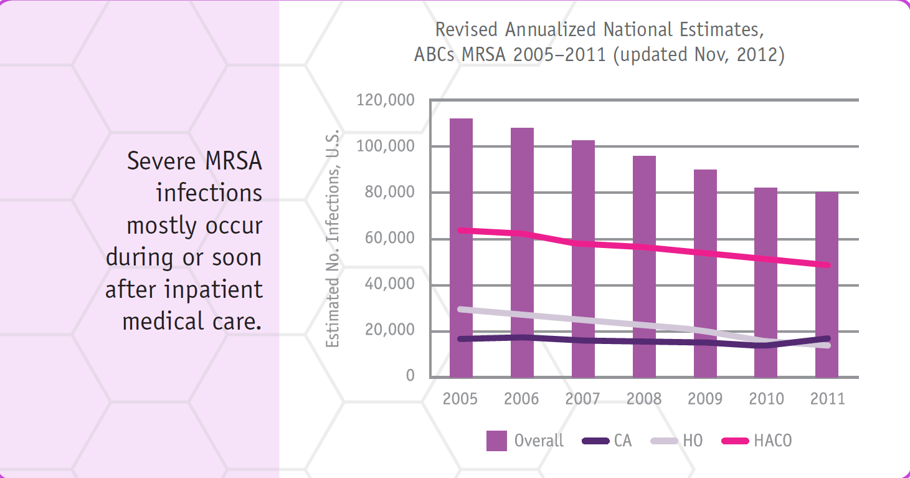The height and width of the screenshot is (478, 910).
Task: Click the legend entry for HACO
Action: [x=772, y=441]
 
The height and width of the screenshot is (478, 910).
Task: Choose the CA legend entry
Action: [x=622, y=441]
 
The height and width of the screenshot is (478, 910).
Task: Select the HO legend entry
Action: [x=692, y=441]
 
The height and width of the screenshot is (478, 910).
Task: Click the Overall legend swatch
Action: [x=496, y=441]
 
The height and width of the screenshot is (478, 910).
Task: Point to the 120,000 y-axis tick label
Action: [x=385, y=100]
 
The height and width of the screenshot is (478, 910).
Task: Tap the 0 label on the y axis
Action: [x=410, y=376]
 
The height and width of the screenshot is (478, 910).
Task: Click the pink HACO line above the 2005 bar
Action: [x=461, y=231]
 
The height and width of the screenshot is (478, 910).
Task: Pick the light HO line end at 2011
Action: [x=827, y=345]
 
